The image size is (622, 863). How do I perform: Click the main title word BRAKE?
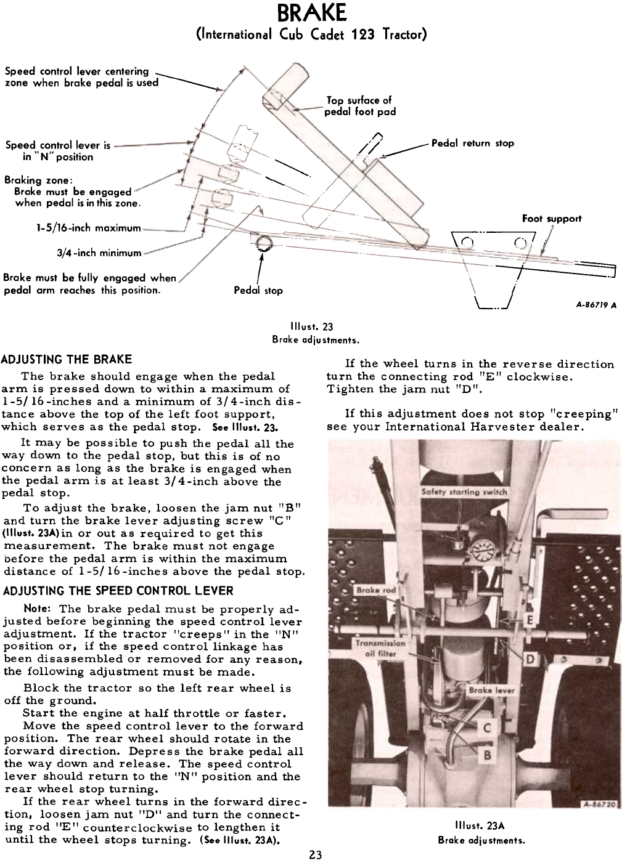(x=311, y=12)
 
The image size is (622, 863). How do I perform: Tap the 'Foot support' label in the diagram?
(x=551, y=219)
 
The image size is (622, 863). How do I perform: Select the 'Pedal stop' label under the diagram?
(x=258, y=290)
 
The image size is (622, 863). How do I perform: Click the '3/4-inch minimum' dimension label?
(x=99, y=253)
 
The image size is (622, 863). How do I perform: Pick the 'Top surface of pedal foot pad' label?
(x=361, y=106)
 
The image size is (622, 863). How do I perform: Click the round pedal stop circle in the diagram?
(x=264, y=243)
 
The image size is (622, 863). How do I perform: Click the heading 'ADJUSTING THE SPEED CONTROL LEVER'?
(x=118, y=591)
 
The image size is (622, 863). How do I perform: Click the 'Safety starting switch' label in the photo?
(x=464, y=492)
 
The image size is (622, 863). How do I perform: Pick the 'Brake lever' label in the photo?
(x=491, y=691)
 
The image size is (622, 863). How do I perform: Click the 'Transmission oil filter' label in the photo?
(x=379, y=647)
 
